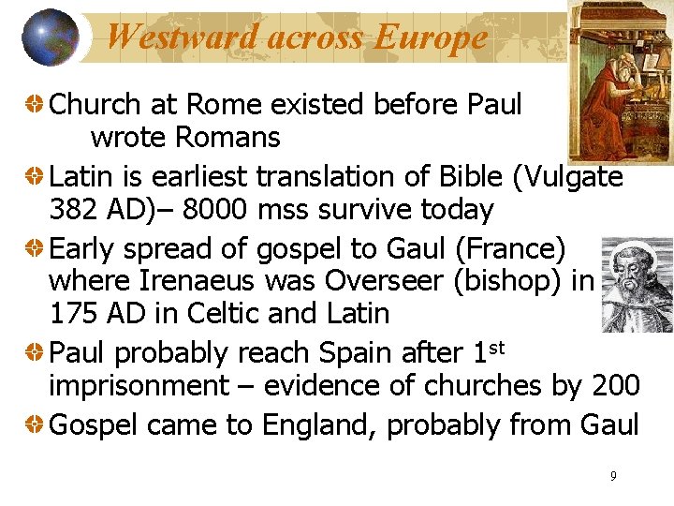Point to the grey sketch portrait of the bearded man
[x=637, y=284]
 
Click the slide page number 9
[x=613, y=476]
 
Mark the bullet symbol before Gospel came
[x=35, y=424]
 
